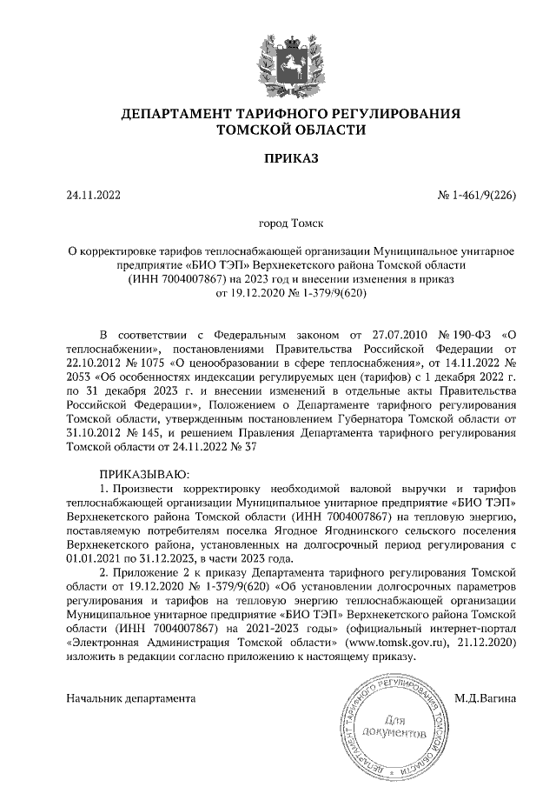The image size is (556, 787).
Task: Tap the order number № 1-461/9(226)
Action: point(476,195)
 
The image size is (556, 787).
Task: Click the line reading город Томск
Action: point(278,223)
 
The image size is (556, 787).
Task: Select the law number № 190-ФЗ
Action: point(451,334)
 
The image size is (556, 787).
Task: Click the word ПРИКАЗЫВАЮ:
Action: point(139,474)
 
